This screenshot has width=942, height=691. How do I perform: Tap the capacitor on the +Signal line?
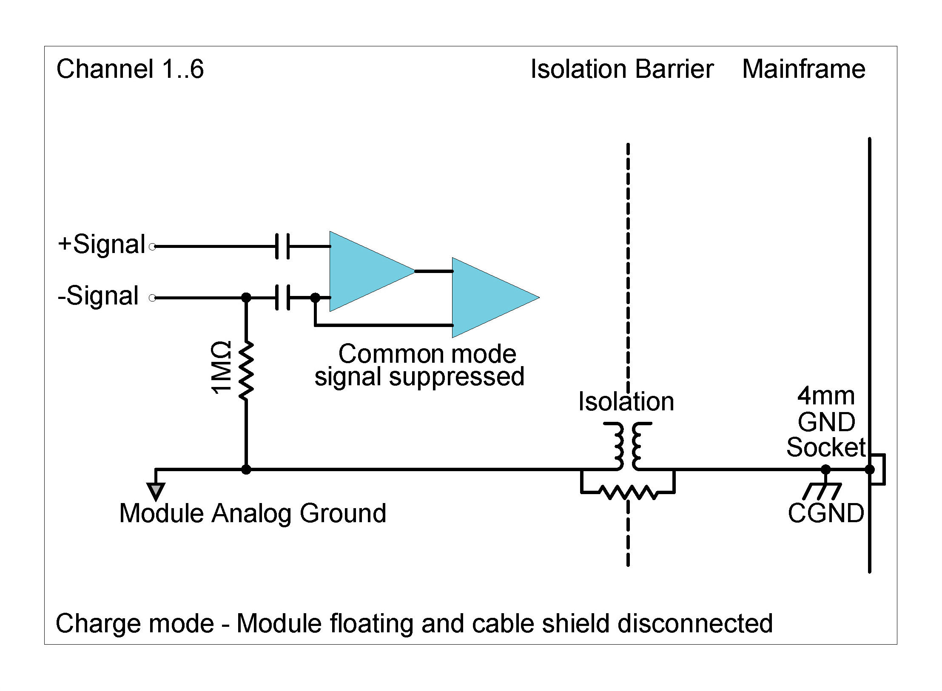point(282,246)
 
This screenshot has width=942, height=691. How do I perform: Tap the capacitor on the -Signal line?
point(282,297)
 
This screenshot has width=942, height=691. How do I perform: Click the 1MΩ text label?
point(222,368)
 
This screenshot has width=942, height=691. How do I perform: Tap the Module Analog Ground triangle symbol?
point(156,491)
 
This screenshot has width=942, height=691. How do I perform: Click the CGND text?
point(826,513)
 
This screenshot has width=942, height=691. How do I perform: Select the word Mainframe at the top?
point(803,69)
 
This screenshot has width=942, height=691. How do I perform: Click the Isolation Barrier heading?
point(622,69)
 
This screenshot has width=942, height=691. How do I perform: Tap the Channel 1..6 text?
point(130,69)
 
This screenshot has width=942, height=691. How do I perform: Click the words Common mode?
point(427,354)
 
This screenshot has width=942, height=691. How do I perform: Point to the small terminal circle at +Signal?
point(153,246)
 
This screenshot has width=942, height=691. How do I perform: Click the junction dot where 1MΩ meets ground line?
point(246,469)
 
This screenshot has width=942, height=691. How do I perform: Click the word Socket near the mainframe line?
point(825,447)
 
